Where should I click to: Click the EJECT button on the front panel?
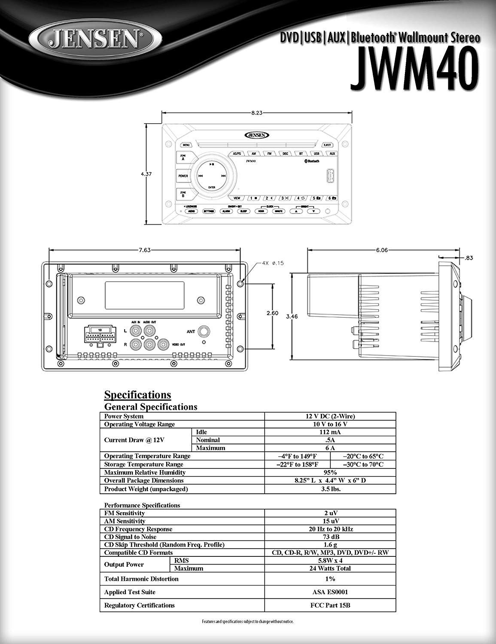pos(327,145)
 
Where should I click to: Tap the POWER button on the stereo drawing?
pos(183,176)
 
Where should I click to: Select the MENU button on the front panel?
pos(186,145)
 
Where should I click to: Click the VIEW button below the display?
pos(237,198)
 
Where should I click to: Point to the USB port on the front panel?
pos(330,176)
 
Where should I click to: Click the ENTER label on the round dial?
pos(212,188)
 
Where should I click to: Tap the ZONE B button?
pos(183,194)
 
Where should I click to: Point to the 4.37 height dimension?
pos(147,174)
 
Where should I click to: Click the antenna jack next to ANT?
pos(205,331)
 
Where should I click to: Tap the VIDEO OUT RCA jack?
pos(164,344)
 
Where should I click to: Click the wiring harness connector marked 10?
pos(100,335)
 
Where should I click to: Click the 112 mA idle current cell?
pos(330,432)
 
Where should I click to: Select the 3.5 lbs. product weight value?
pos(330,489)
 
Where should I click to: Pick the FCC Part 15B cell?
pos(330,605)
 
